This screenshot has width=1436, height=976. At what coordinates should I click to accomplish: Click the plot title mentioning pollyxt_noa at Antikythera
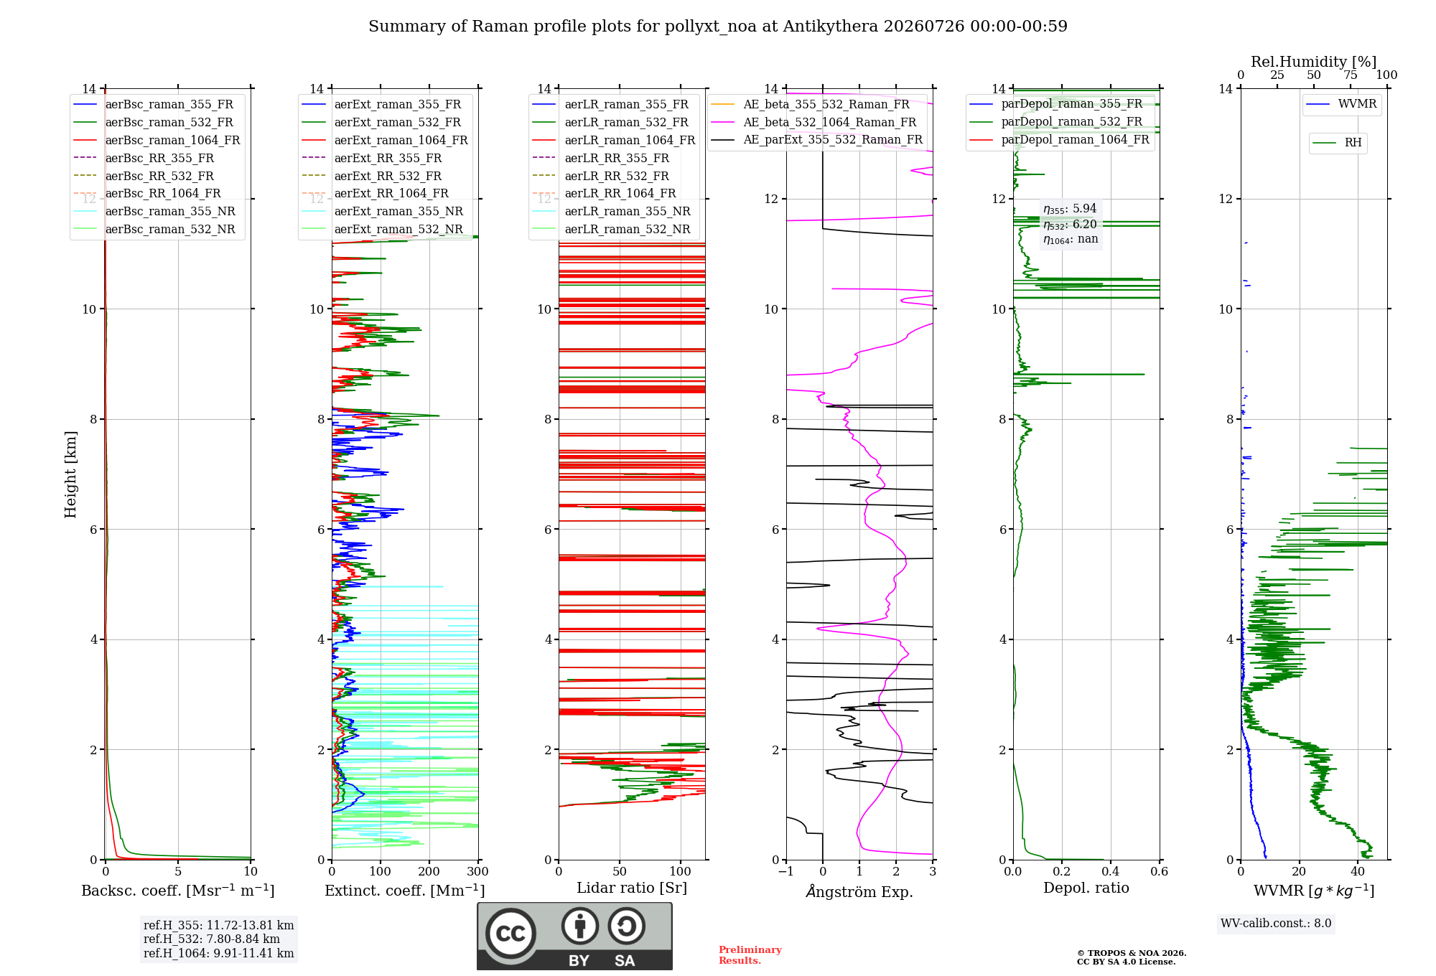pyautogui.click(x=718, y=27)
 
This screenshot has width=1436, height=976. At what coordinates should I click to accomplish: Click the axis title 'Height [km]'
pyautogui.click(x=70, y=474)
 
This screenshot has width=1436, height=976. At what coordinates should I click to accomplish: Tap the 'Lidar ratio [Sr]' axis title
pyautogui.click(x=632, y=888)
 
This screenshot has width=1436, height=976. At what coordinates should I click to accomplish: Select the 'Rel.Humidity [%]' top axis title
pyautogui.click(x=1314, y=62)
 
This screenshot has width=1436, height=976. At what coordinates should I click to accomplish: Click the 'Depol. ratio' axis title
pyautogui.click(x=1086, y=888)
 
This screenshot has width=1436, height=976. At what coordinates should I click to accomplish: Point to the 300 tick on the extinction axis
pyautogui.click(x=478, y=871)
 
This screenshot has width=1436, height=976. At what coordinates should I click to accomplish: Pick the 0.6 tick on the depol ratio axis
pyautogui.click(x=1160, y=871)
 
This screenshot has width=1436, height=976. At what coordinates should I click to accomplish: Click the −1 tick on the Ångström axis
pyautogui.click(x=786, y=871)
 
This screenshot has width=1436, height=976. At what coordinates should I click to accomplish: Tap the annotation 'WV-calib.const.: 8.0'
pyautogui.click(x=1276, y=924)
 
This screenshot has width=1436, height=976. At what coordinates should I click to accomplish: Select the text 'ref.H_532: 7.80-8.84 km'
pyautogui.click(x=212, y=939)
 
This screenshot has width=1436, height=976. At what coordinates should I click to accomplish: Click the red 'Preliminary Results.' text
pyautogui.click(x=750, y=955)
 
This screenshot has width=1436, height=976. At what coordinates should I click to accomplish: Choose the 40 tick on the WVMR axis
pyautogui.click(x=1358, y=871)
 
